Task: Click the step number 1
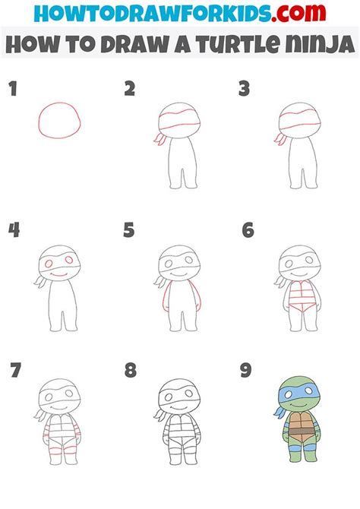click(12, 90)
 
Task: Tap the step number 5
click(129, 230)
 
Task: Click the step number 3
click(245, 90)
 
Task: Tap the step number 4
click(13, 230)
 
